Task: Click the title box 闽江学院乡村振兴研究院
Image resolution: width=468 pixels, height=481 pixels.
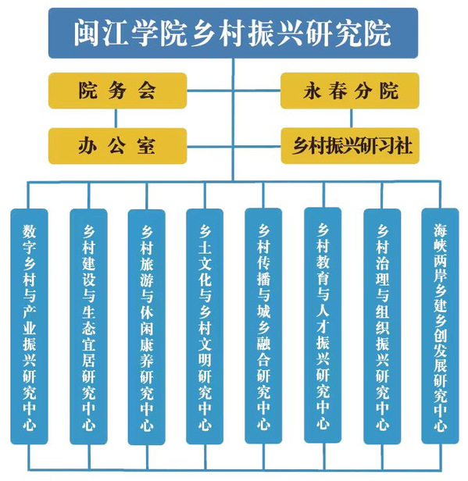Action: click(234, 33)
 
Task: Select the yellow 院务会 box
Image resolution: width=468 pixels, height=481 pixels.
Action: click(117, 91)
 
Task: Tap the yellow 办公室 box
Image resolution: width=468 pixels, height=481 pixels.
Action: click(117, 146)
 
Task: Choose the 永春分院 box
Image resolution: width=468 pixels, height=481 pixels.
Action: click(350, 91)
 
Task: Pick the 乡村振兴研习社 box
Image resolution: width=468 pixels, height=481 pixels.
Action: click(350, 146)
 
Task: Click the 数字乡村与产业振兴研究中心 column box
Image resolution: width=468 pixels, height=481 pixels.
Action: click(29, 326)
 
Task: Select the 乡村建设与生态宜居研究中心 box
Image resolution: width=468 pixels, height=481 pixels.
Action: click(89, 326)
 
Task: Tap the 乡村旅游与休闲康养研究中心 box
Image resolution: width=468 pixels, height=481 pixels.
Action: click(146, 327)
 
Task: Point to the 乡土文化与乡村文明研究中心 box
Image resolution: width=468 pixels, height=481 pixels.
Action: click(205, 326)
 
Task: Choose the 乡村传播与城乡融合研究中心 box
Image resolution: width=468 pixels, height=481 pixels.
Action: click(263, 326)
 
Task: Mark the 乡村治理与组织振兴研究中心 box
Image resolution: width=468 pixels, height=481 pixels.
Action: click(382, 326)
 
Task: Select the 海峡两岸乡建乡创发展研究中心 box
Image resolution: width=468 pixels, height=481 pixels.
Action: click(440, 326)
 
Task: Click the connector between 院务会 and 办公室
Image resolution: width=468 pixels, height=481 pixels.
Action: click(116, 118)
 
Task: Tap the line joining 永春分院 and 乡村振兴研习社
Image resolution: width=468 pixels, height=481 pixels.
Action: click(351, 118)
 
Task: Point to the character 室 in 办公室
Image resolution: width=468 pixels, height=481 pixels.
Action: click(146, 146)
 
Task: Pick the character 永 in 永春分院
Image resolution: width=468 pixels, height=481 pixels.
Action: click(312, 91)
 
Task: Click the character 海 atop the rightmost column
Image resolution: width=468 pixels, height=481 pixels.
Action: click(440, 230)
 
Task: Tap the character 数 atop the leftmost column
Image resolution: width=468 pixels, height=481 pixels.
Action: click(29, 231)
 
